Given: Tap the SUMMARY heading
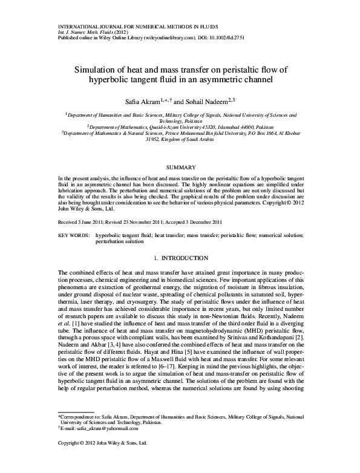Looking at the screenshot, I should pyautogui.click(x=180, y=166).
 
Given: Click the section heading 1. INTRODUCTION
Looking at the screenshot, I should pyautogui.click(x=180, y=258).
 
